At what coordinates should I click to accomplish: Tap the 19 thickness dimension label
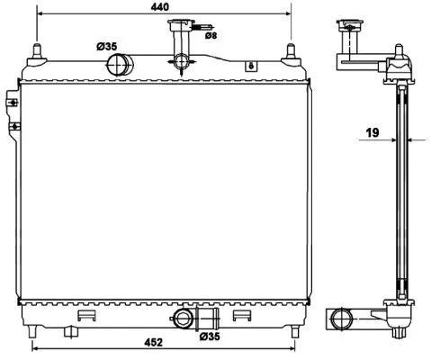click(x=372, y=133)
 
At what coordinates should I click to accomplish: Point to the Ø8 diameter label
click(x=210, y=36)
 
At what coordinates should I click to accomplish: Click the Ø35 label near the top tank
click(x=107, y=45)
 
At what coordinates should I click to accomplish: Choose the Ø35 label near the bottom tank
click(x=210, y=337)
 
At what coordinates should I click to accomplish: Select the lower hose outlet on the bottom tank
click(x=184, y=319)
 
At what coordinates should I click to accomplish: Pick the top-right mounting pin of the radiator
click(x=291, y=50)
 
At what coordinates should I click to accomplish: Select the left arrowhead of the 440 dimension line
click(x=39, y=14)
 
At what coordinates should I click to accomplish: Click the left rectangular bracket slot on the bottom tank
click(x=86, y=317)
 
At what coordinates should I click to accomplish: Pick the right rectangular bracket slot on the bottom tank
click(x=240, y=317)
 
